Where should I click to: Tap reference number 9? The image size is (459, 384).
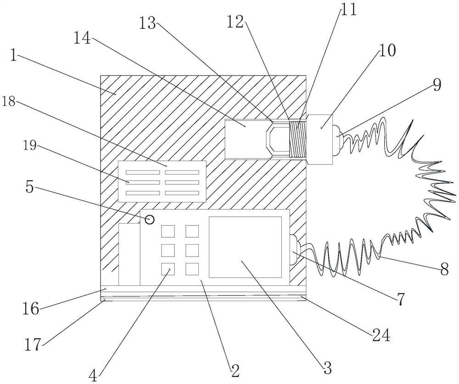(436, 84)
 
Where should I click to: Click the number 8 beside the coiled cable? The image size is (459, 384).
(444, 269)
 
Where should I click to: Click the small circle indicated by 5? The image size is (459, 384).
(150, 219)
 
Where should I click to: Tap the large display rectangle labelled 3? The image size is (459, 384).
(245, 247)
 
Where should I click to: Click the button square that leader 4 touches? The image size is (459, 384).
(167, 269)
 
